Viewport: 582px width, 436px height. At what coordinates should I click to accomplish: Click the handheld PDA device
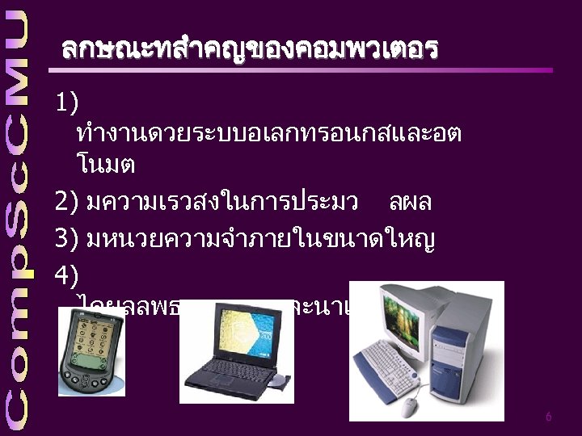[91, 351]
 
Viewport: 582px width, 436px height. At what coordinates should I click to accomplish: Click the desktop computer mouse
[411, 405]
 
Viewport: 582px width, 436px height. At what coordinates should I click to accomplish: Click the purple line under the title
[307, 70]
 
